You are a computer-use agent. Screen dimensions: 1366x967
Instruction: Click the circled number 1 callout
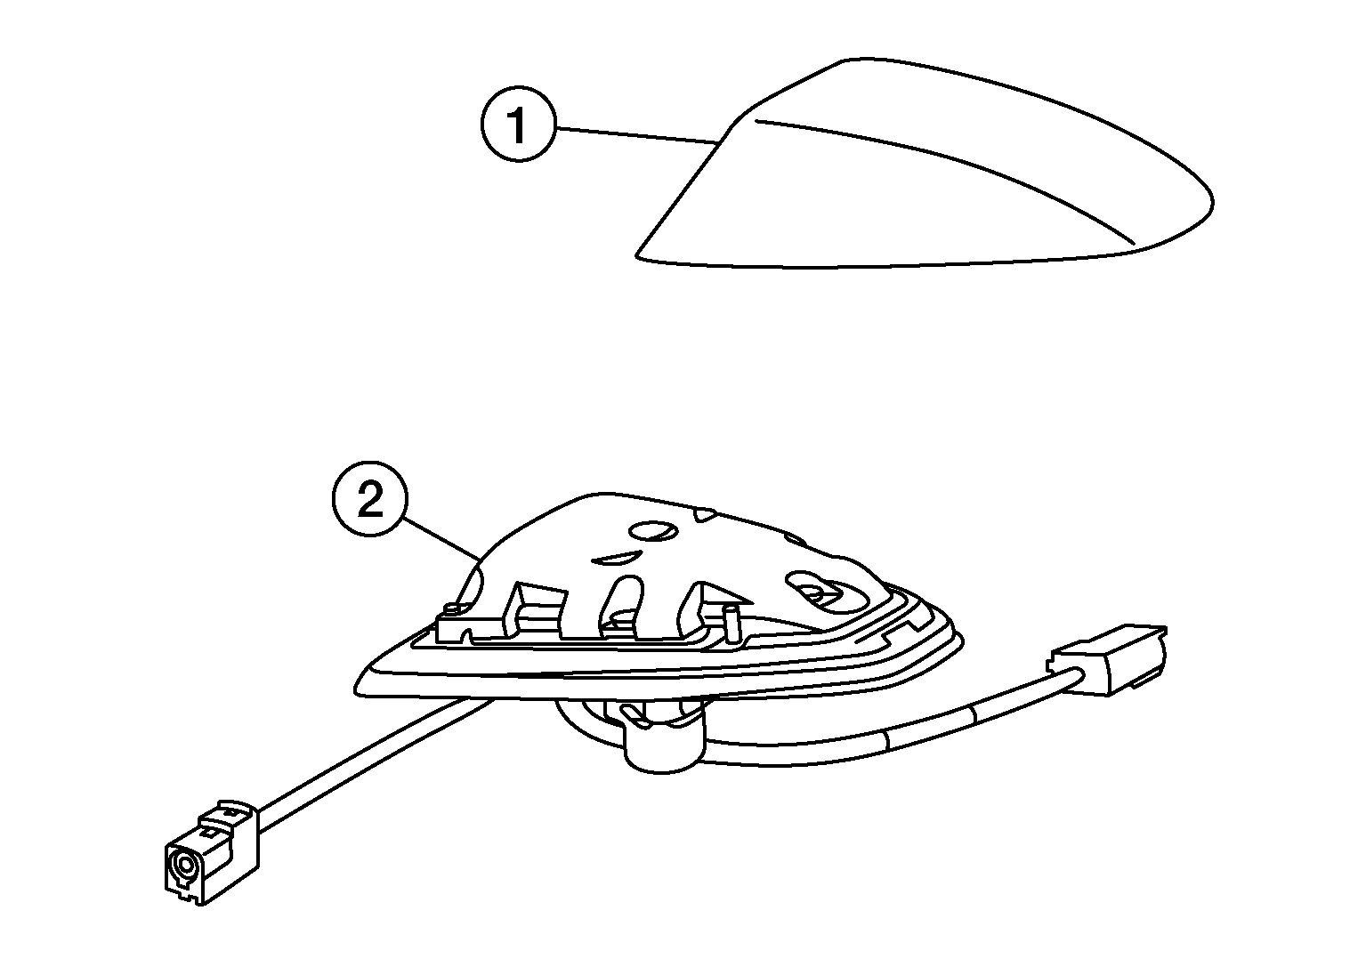click(518, 125)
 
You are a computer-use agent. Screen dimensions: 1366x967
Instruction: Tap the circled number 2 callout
click(370, 499)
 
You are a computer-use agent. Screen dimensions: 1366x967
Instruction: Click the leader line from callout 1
click(636, 134)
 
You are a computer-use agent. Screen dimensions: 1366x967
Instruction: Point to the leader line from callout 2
click(442, 537)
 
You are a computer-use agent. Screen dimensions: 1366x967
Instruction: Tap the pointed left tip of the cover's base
click(636, 254)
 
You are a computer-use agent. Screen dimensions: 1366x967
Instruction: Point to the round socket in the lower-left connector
click(183, 866)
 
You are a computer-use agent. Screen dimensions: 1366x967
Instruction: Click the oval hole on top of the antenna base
click(653, 530)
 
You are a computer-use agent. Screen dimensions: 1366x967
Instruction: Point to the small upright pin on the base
click(731, 621)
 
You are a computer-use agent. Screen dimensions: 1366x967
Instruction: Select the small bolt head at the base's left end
click(452, 608)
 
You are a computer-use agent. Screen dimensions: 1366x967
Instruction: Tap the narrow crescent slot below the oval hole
click(616, 557)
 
